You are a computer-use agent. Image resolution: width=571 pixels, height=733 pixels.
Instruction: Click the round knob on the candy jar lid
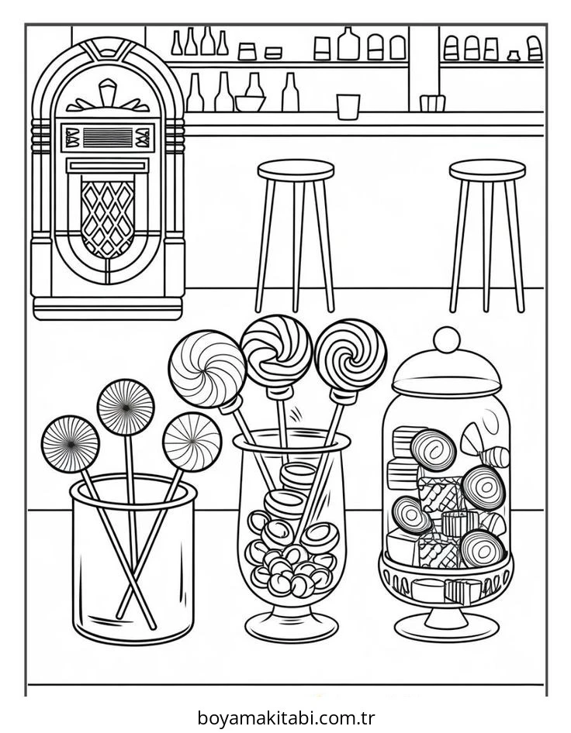(447, 340)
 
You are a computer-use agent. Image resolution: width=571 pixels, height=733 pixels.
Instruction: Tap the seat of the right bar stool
(487, 170)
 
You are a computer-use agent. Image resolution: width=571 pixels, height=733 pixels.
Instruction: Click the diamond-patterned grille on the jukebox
(108, 219)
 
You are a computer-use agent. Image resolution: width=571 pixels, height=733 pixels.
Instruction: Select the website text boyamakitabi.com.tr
(286, 718)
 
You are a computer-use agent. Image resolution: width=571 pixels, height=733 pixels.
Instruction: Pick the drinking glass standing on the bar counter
(348, 107)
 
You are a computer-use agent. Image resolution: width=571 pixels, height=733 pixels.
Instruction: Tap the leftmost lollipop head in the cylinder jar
(70, 444)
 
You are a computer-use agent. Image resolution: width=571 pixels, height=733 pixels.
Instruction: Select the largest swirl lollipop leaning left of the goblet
(207, 369)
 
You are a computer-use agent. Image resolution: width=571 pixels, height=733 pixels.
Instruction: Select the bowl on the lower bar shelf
(250, 103)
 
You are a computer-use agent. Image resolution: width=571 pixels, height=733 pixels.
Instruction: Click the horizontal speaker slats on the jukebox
(108, 138)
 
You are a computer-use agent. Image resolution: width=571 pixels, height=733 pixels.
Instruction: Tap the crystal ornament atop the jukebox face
(108, 93)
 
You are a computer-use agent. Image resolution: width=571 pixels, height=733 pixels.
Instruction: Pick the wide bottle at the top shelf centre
(348, 44)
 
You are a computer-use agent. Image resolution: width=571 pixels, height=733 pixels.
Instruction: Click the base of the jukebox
(108, 308)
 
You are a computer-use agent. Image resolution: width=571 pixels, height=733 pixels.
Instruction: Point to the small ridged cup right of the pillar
(432, 103)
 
